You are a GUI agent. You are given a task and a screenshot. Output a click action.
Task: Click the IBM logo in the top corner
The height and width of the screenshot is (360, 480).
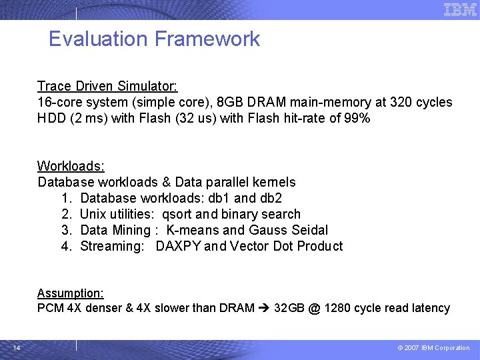(x=460, y=9)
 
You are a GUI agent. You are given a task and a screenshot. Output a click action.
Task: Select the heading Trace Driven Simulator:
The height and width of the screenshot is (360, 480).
(x=107, y=86)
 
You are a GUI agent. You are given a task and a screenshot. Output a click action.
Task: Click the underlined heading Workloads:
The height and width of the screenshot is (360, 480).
(x=71, y=166)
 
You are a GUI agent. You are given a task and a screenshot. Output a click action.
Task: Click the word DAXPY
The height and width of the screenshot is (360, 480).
(x=178, y=246)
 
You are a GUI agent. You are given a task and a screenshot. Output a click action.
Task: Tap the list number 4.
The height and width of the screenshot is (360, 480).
(x=66, y=246)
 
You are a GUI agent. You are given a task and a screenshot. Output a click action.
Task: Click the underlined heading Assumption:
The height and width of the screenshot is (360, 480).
(x=70, y=293)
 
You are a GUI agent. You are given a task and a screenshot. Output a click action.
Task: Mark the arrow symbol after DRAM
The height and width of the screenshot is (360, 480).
(x=264, y=308)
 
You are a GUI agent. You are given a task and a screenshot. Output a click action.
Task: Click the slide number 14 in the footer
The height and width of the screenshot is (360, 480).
(x=16, y=347)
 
